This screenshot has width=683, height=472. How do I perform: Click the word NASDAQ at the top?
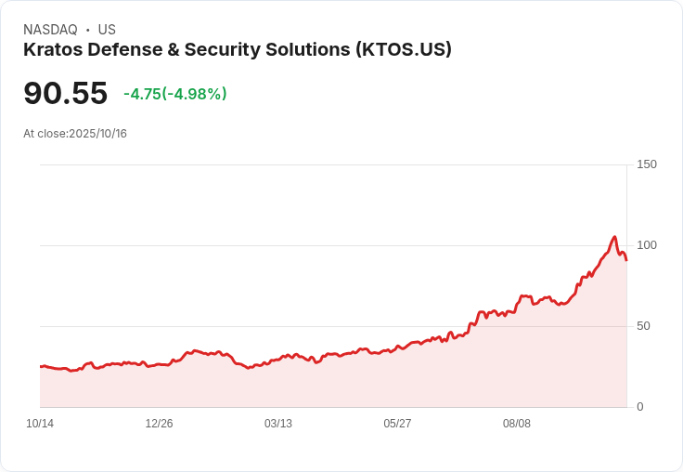pos(50,30)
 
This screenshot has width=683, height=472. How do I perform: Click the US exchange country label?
pos(107,30)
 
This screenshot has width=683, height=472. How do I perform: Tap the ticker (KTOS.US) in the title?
pos(404,50)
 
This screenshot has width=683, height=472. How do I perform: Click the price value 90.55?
pos(65,94)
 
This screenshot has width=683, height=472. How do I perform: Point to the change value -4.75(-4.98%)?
pos(175,94)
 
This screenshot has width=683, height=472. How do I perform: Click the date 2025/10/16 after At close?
pos(97,134)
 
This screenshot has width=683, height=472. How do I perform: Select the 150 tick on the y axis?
pos(646,164)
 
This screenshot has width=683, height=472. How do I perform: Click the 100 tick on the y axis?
pos(646,245)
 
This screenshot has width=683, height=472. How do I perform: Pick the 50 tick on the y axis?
pos(643,326)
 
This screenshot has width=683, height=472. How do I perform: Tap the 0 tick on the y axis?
pos(640,407)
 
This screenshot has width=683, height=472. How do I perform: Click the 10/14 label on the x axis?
pos(40,424)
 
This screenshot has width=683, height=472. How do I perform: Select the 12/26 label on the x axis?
pos(159,424)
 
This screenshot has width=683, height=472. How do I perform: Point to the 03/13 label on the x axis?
pos(278,424)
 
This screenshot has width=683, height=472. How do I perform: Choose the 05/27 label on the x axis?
pos(397,424)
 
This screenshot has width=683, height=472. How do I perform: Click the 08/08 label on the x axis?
pos(517,424)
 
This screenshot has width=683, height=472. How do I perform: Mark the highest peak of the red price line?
pos(614,237)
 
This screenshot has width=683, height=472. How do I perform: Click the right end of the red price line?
pos(626,260)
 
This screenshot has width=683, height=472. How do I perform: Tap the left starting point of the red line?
pos(41,366)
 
